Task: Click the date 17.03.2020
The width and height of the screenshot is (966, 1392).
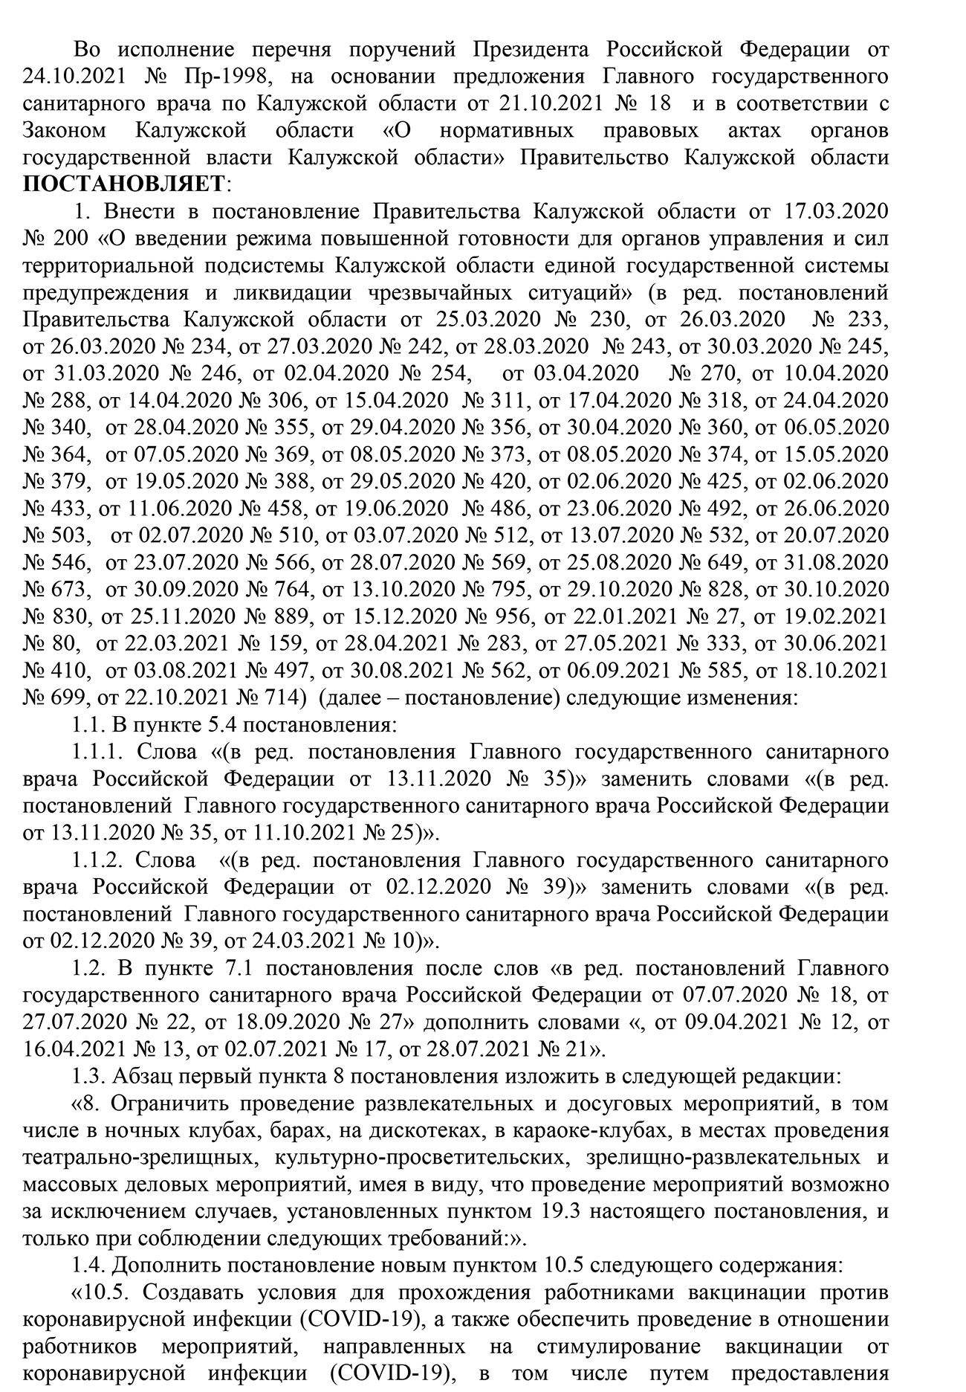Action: [x=836, y=212]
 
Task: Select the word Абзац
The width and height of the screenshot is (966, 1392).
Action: [x=141, y=1076]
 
